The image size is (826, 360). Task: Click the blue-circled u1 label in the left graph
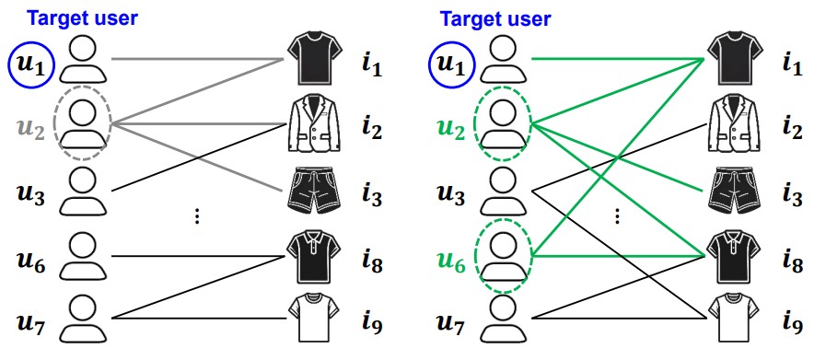click(30, 65)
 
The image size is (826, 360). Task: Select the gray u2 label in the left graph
click(30, 130)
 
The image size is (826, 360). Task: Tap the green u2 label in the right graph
click(451, 130)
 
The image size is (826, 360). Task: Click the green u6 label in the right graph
click(451, 262)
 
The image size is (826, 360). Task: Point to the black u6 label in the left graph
click(31, 262)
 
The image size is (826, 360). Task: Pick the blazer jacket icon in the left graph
click(315, 122)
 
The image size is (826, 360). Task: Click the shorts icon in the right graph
click(735, 191)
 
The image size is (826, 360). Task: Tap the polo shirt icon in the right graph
click(735, 256)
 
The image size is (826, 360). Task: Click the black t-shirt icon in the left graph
click(315, 58)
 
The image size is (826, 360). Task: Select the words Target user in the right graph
click(495, 19)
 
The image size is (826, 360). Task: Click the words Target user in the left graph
click(82, 17)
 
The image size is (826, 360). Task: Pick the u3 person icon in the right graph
click(503, 191)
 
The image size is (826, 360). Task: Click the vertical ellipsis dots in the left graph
click(197, 216)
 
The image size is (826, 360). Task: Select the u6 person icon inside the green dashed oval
click(503, 257)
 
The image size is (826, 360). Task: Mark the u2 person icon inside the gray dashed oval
click(83, 123)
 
